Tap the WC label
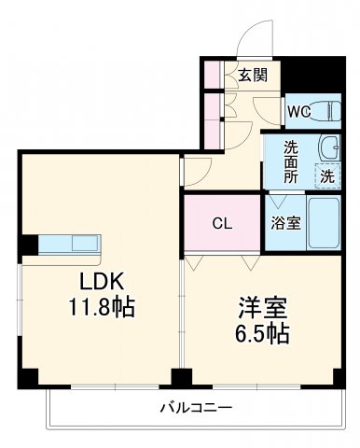pos(298,112)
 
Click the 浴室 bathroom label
pos(285,223)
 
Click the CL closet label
pos(222,223)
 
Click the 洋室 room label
pos(256,305)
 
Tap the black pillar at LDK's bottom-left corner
pos(30,377)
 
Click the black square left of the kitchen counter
pos(29,245)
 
